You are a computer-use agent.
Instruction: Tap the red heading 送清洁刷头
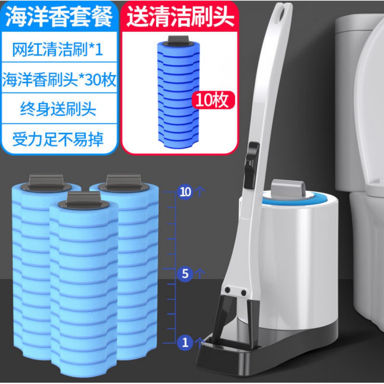[180, 16]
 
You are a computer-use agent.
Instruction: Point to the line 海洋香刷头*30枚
[59, 79]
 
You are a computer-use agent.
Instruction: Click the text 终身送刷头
[58, 109]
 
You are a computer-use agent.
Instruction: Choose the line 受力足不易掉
[58, 139]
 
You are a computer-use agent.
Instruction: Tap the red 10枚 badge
[212, 100]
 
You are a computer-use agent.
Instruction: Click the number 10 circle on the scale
[185, 192]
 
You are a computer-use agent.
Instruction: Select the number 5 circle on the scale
[185, 274]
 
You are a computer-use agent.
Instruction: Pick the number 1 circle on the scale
[185, 343]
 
